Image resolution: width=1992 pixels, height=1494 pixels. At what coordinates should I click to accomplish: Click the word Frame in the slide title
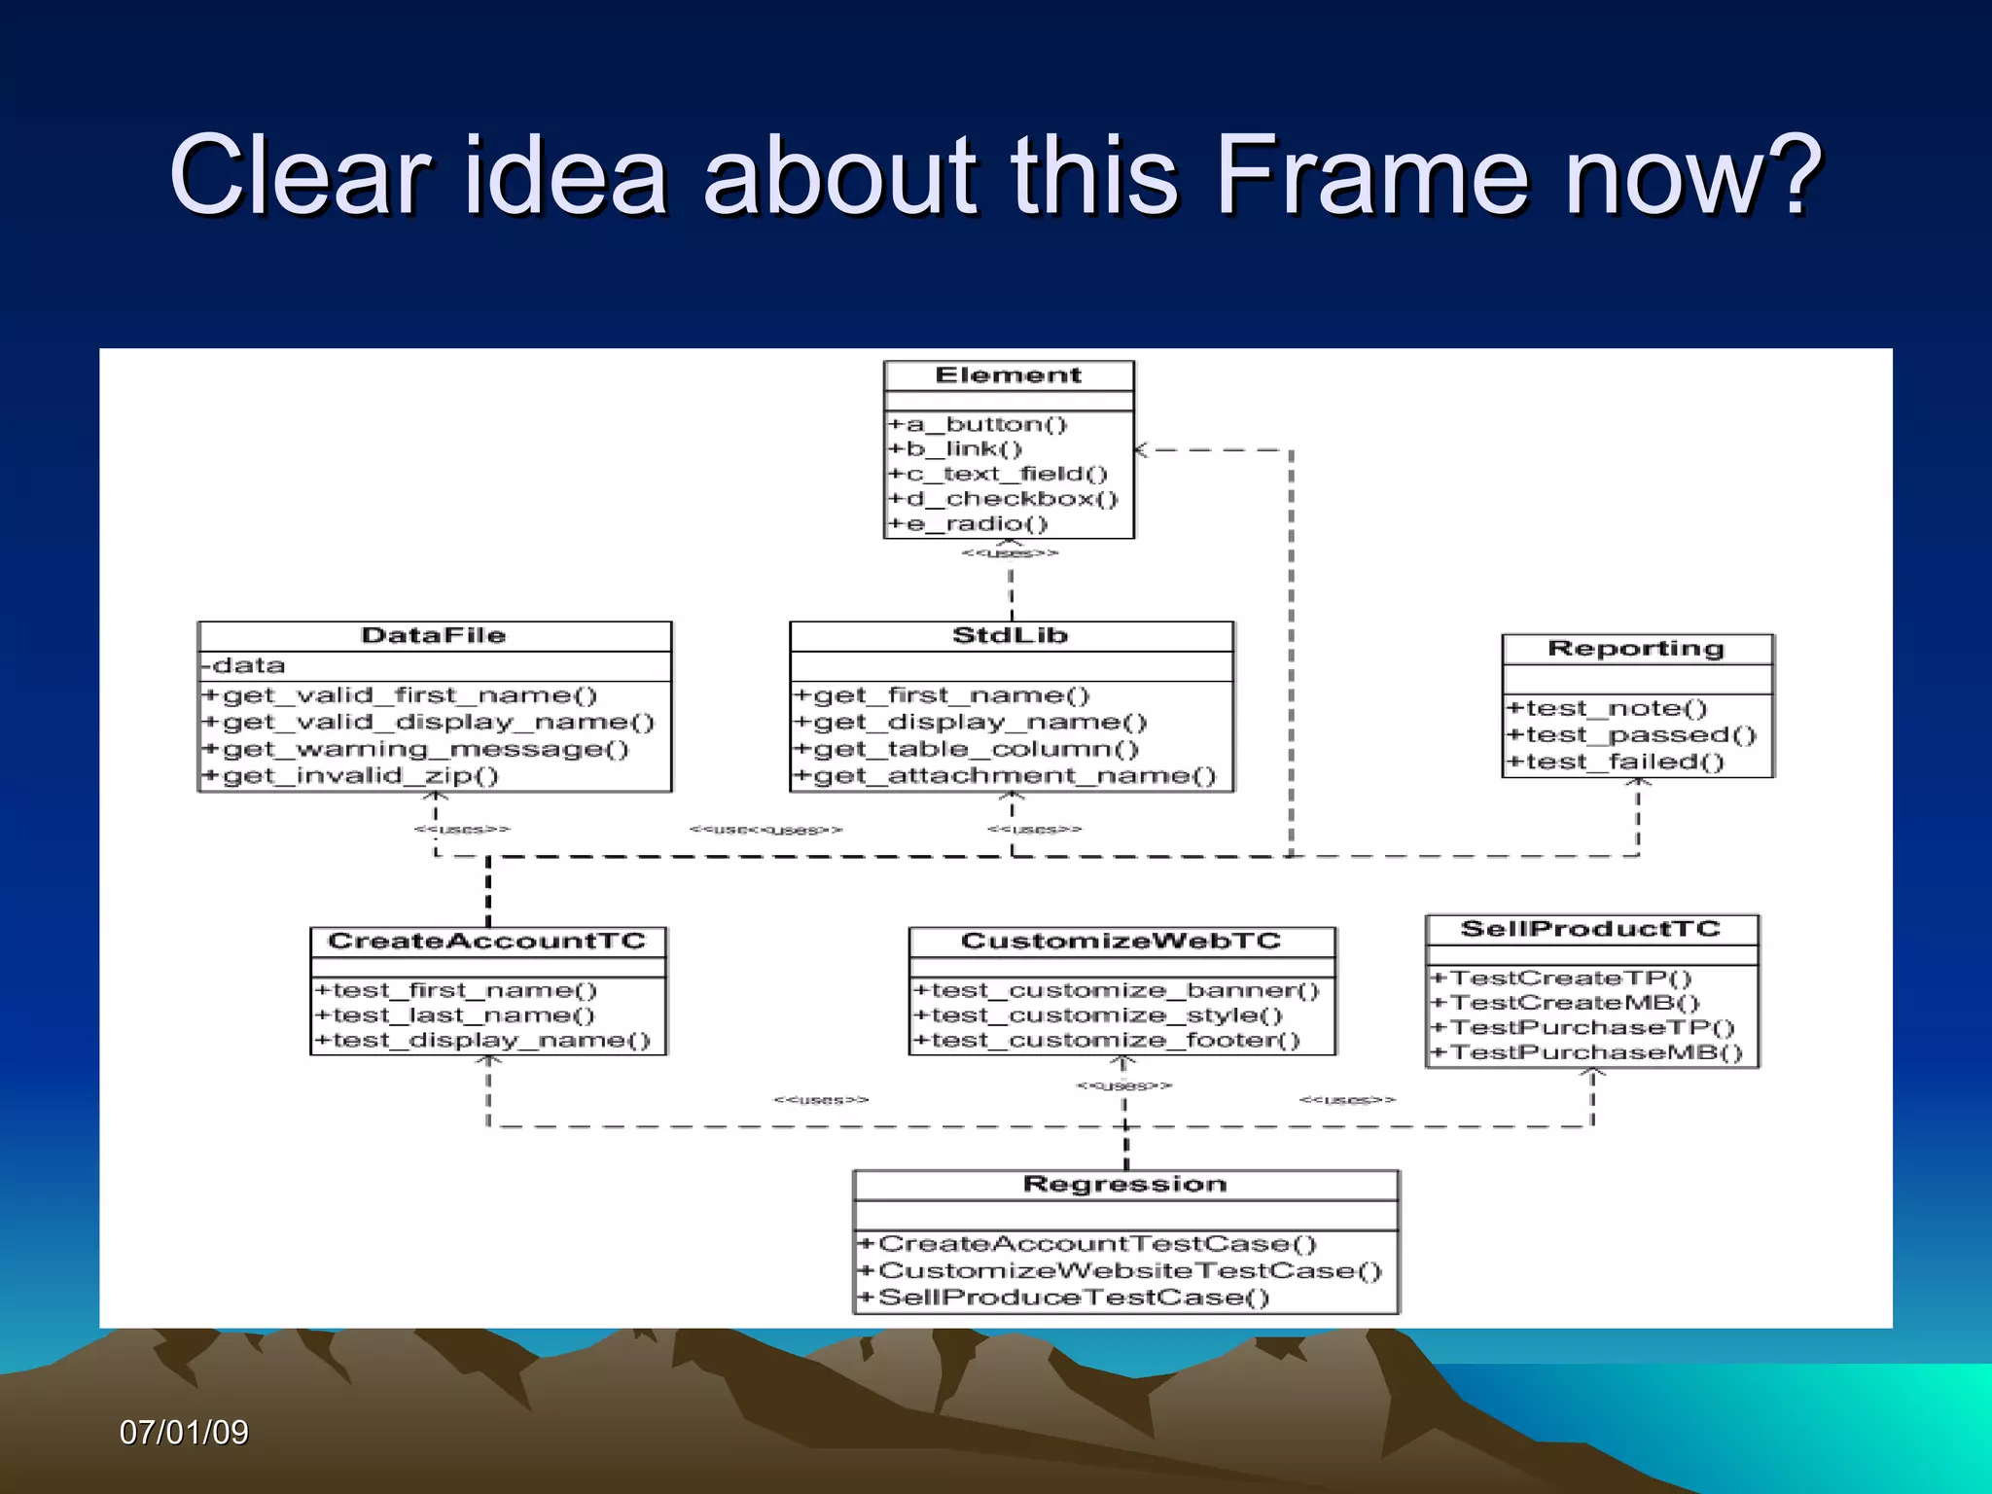click(1371, 175)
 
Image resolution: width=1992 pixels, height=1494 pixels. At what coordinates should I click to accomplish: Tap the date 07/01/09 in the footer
click(184, 1432)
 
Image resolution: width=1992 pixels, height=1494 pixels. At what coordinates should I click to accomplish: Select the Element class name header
click(1008, 375)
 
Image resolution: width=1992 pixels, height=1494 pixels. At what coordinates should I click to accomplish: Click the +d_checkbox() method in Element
click(1003, 499)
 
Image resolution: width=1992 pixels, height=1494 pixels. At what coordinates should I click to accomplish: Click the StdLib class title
click(1010, 636)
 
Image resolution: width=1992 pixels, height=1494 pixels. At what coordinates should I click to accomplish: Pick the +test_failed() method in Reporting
click(1615, 762)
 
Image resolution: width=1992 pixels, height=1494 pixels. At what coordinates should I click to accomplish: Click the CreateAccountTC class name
click(486, 942)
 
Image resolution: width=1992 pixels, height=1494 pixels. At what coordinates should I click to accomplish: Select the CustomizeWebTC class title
click(1120, 942)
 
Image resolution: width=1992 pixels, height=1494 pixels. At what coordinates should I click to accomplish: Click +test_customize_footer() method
click(1106, 1041)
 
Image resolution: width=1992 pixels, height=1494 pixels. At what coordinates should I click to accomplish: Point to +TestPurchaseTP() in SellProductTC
click(1583, 1028)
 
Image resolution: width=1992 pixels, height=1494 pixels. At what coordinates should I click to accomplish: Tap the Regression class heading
click(1124, 1185)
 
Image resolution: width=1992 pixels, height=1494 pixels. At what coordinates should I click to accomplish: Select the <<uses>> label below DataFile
click(461, 830)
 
